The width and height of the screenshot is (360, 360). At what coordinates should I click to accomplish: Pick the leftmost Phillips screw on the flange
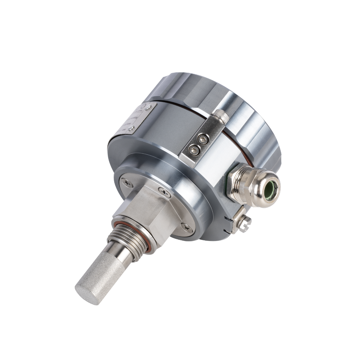click(x=127, y=183)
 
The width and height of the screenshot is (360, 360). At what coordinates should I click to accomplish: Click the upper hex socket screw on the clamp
click(x=203, y=139)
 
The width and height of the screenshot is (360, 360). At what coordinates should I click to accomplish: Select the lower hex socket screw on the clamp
click(x=194, y=150)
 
